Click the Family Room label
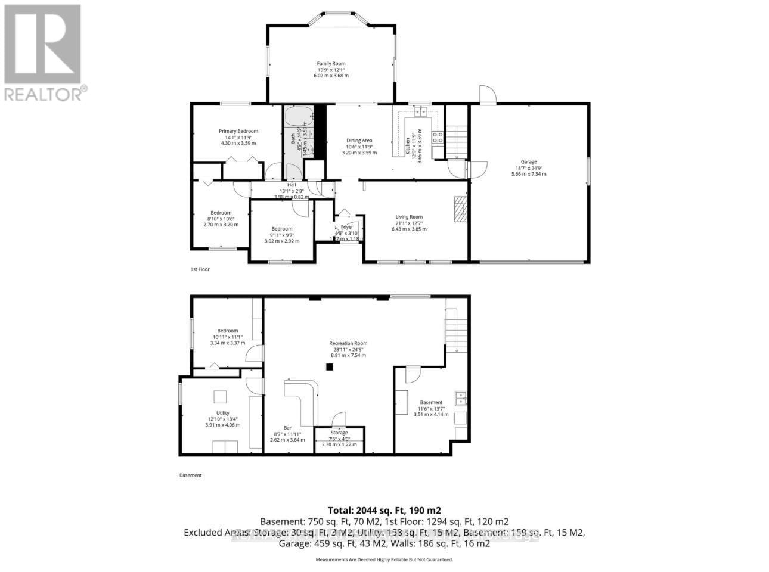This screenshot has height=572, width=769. pos(331,64)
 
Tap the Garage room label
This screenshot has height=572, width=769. pos(529,162)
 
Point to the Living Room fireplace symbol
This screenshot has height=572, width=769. pos(460,209)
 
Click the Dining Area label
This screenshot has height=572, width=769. pos(359,141)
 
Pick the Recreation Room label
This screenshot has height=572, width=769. pos(348,343)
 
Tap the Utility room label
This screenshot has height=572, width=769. pos(223,413)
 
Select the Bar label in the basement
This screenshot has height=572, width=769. pos(287,428)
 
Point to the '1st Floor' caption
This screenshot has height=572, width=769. pos(200,269)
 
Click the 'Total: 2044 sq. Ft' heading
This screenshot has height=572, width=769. pos(384,510)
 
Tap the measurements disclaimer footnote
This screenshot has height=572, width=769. pos(384,560)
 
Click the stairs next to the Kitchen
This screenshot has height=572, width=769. pos(457,141)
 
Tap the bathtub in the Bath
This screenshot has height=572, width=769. pos(293,116)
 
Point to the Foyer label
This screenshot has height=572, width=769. pos(347,227)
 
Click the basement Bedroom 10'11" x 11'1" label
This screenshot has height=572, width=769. pos(228,331)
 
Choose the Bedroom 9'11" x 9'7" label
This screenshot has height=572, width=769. pos(282,229)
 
